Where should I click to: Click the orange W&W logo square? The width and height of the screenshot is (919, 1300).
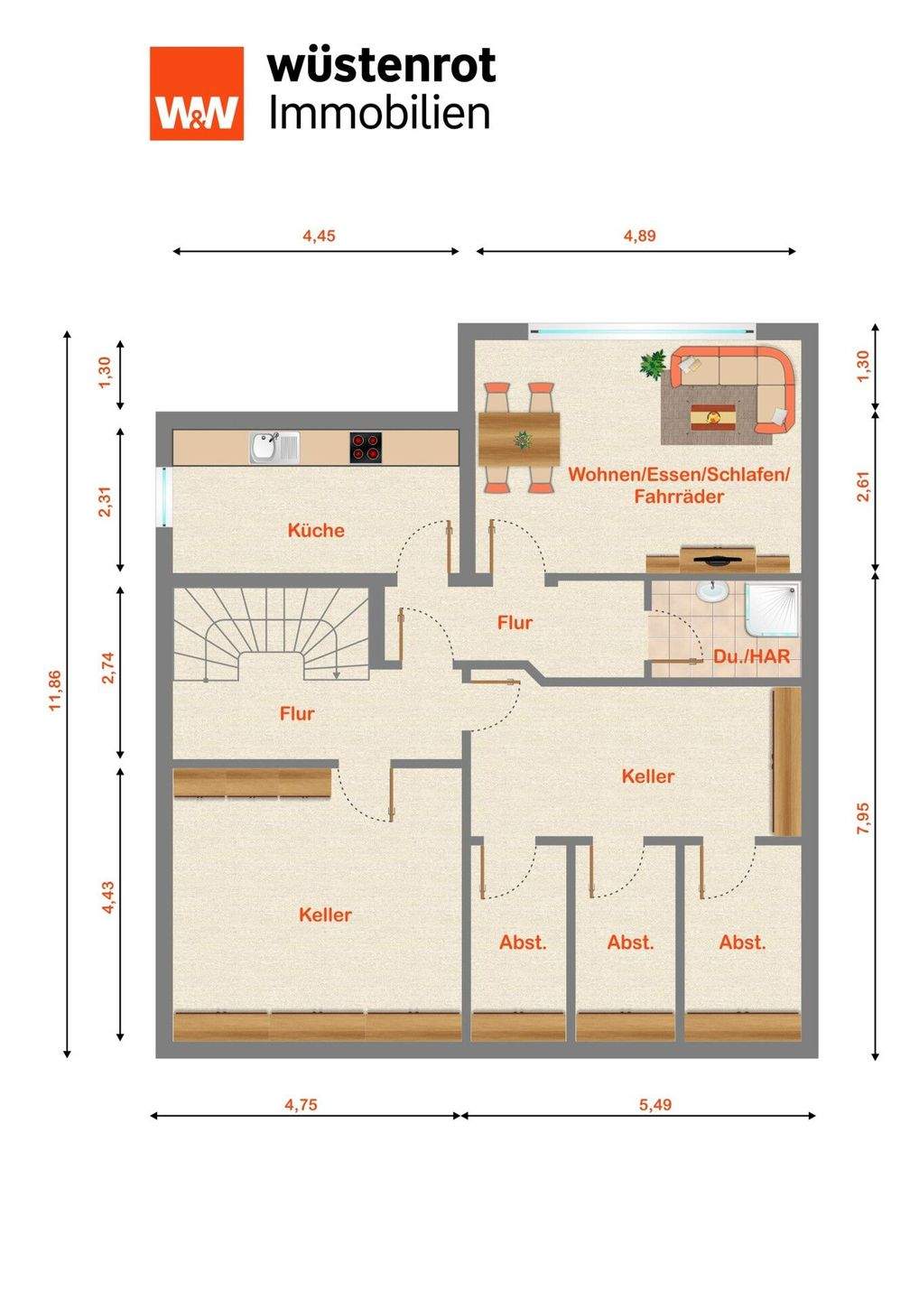pyautogui.click(x=197, y=94)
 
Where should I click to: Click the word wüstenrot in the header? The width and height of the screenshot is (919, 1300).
pyautogui.click(x=381, y=65)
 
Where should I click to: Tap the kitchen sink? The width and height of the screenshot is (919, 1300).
pyautogui.click(x=275, y=448)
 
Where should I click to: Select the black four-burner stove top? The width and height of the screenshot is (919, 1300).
pyautogui.click(x=367, y=448)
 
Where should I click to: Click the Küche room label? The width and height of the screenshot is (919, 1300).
pyautogui.click(x=316, y=531)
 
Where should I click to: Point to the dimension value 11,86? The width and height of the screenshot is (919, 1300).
pyautogui.click(x=56, y=691)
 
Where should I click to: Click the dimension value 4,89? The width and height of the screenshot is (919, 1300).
pyautogui.click(x=639, y=236)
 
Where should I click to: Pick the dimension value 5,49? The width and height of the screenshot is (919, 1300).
pyautogui.click(x=655, y=1104)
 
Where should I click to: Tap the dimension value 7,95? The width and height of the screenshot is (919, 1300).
pyautogui.click(x=864, y=818)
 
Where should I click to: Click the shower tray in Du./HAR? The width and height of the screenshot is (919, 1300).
pyautogui.click(x=772, y=608)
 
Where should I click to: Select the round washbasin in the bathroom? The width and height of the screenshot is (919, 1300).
pyautogui.click(x=712, y=591)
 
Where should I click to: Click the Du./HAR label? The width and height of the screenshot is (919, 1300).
pyautogui.click(x=751, y=656)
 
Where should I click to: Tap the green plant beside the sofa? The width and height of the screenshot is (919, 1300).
pyautogui.click(x=654, y=365)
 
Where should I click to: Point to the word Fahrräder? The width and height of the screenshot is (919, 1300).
pyautogui.click(x=679, y=497)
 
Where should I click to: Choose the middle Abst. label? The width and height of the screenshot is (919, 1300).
pyautogui.click(x=631, y=942)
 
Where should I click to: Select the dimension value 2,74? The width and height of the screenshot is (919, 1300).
pyautogui.click(x=108, y=668)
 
